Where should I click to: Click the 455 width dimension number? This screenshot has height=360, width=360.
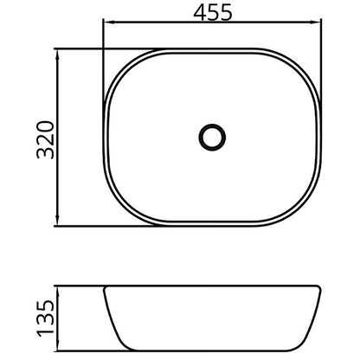click(x=213, y=13)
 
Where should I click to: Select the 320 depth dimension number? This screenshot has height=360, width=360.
click(x=45, y=140)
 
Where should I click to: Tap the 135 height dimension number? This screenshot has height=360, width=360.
click(x=45, y=318)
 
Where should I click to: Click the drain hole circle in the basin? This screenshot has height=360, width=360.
click(x=212, y=138)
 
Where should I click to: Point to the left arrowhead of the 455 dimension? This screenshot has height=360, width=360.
click(x=108, y=22)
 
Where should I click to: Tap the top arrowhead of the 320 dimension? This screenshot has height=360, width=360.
click(x=57, y=55)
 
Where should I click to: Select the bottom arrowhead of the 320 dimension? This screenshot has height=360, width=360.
click(x=57, y=221)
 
